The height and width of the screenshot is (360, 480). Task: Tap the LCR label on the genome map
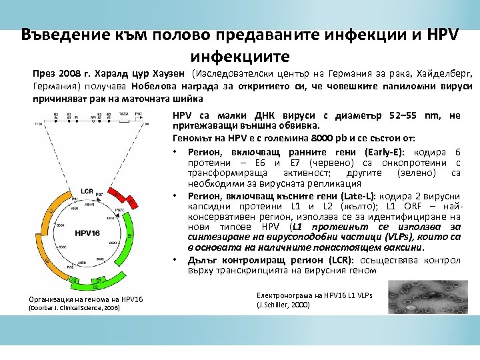click(x=87, y=191)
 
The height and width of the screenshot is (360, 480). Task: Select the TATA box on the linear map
click(x=123, y=115)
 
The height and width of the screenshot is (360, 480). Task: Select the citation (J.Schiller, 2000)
click(x=283, y=305)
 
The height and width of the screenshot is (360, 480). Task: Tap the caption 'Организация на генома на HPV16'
click(x=87, y=298)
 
